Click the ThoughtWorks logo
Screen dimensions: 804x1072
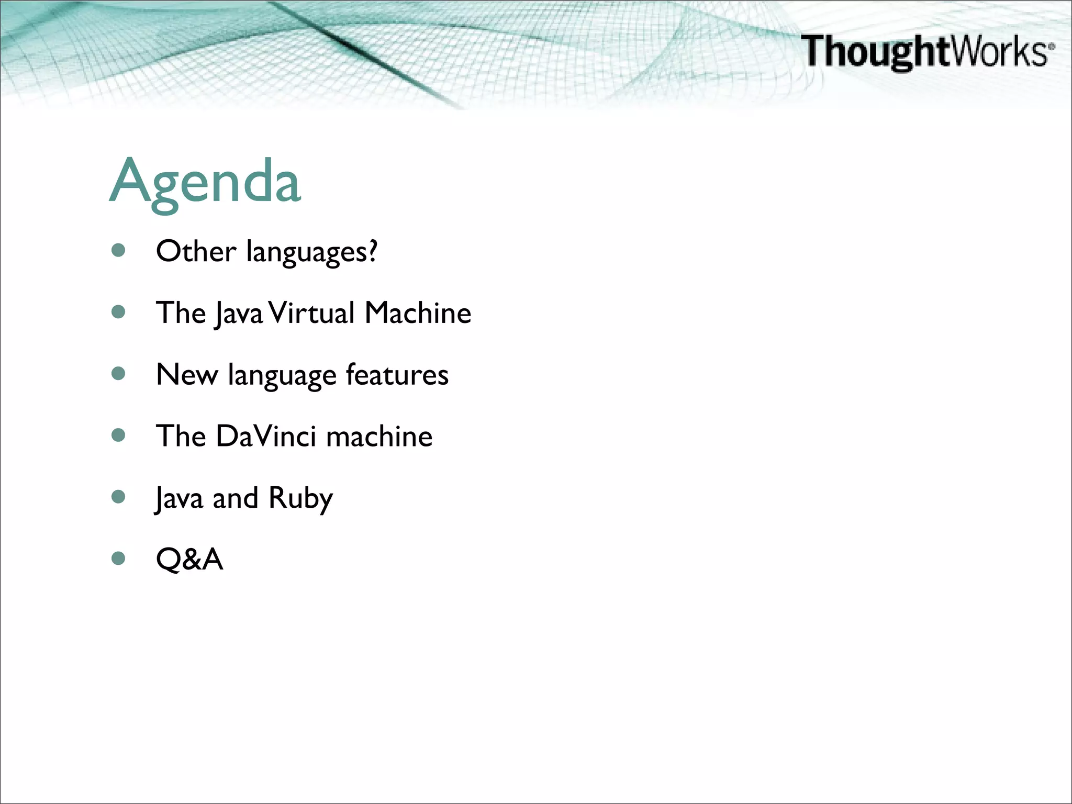pos(927,51)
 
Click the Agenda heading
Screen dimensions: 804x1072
pos(205,182)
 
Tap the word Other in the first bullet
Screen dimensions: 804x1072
pos(196,251)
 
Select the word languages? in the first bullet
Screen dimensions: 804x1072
pos(311,252)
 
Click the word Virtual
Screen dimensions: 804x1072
pos(312,313)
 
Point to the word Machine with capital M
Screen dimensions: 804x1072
pos(418,313)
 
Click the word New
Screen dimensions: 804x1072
pos(187,375)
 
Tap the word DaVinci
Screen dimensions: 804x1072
pos(266,436)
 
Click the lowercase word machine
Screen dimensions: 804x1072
pos(379,436)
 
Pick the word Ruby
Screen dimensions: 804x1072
pos(300,498)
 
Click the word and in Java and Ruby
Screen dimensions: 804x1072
pos(236,498)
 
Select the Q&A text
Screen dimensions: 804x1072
pos(189,559)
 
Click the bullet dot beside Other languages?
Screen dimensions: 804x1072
pos(119,251)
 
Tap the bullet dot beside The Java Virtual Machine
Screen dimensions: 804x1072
pos(119,312)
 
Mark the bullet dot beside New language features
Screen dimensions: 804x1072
pos(119,374)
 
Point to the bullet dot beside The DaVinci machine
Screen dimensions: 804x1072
pos(119,435)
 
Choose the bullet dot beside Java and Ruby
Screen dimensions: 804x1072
pos(119,497)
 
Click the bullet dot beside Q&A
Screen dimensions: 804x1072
pos(119,559)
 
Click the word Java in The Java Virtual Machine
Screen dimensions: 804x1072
pos(238,314)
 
